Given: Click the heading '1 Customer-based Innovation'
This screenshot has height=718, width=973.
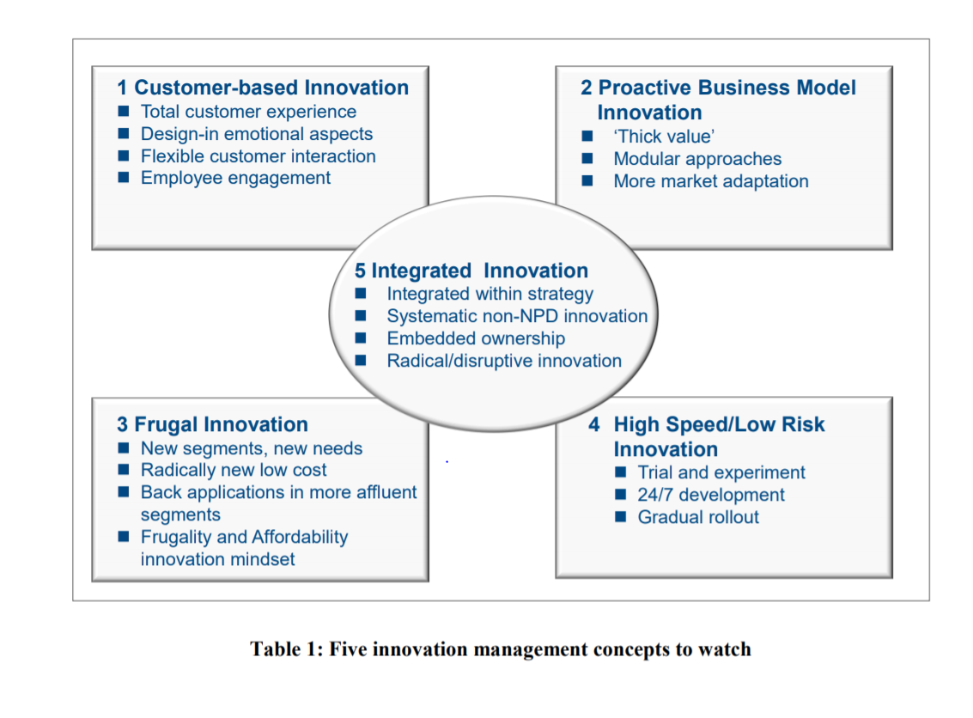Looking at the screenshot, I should coord(263,88).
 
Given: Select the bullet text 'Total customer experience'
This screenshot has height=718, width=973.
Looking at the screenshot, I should coord(248,112).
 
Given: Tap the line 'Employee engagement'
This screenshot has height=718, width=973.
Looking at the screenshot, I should coord(235,178).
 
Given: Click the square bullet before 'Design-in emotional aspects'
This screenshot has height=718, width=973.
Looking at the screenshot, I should coord(124,134).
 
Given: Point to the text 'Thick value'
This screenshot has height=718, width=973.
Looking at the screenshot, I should coord(665,137).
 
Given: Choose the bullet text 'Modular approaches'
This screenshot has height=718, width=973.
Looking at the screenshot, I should coord(697,159).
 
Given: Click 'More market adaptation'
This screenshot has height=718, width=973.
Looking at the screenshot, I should coord(711,181).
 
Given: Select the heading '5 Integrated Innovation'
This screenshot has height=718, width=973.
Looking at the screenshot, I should coord(471,271).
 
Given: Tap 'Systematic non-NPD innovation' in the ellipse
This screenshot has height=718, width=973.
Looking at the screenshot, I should coord(517,316).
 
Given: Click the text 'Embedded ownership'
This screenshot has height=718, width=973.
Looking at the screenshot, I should coord(476,338).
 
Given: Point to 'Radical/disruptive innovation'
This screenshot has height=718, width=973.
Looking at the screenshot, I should coord(504,361).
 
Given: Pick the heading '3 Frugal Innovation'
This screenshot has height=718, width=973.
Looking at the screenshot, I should coord(212,424).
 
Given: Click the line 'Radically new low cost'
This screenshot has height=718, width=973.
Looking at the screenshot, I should coord(234,470).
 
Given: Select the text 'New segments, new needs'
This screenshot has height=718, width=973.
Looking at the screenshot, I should coord(252,448).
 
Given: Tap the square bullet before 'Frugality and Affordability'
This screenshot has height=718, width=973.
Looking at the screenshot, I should coord(124,537).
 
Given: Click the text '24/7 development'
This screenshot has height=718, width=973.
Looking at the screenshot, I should coord(711,495).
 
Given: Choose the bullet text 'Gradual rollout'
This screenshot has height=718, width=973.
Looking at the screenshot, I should coord(698,517).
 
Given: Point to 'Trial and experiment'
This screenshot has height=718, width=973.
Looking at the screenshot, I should coord(721,472).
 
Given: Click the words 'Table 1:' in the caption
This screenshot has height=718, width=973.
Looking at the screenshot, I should coord(283,648).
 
